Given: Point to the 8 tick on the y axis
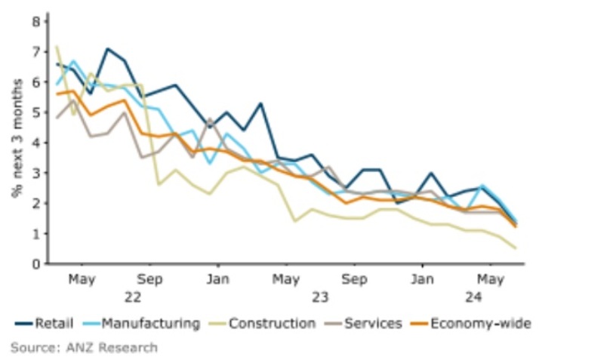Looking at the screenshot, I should click(35, 21).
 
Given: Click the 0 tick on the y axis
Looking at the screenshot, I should click(35, 264).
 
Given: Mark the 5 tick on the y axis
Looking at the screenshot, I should click(35, 112).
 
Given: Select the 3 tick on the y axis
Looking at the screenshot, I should click(35, 173).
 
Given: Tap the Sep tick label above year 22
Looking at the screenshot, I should click(150, 279).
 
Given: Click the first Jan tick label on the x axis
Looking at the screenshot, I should click(217, 279).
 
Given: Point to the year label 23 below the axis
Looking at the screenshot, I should click(319, 297).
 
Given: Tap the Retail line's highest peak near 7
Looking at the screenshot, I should click(108, 49).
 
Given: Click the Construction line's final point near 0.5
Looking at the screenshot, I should click(516, 248).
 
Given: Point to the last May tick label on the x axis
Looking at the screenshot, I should click(490, 279).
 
